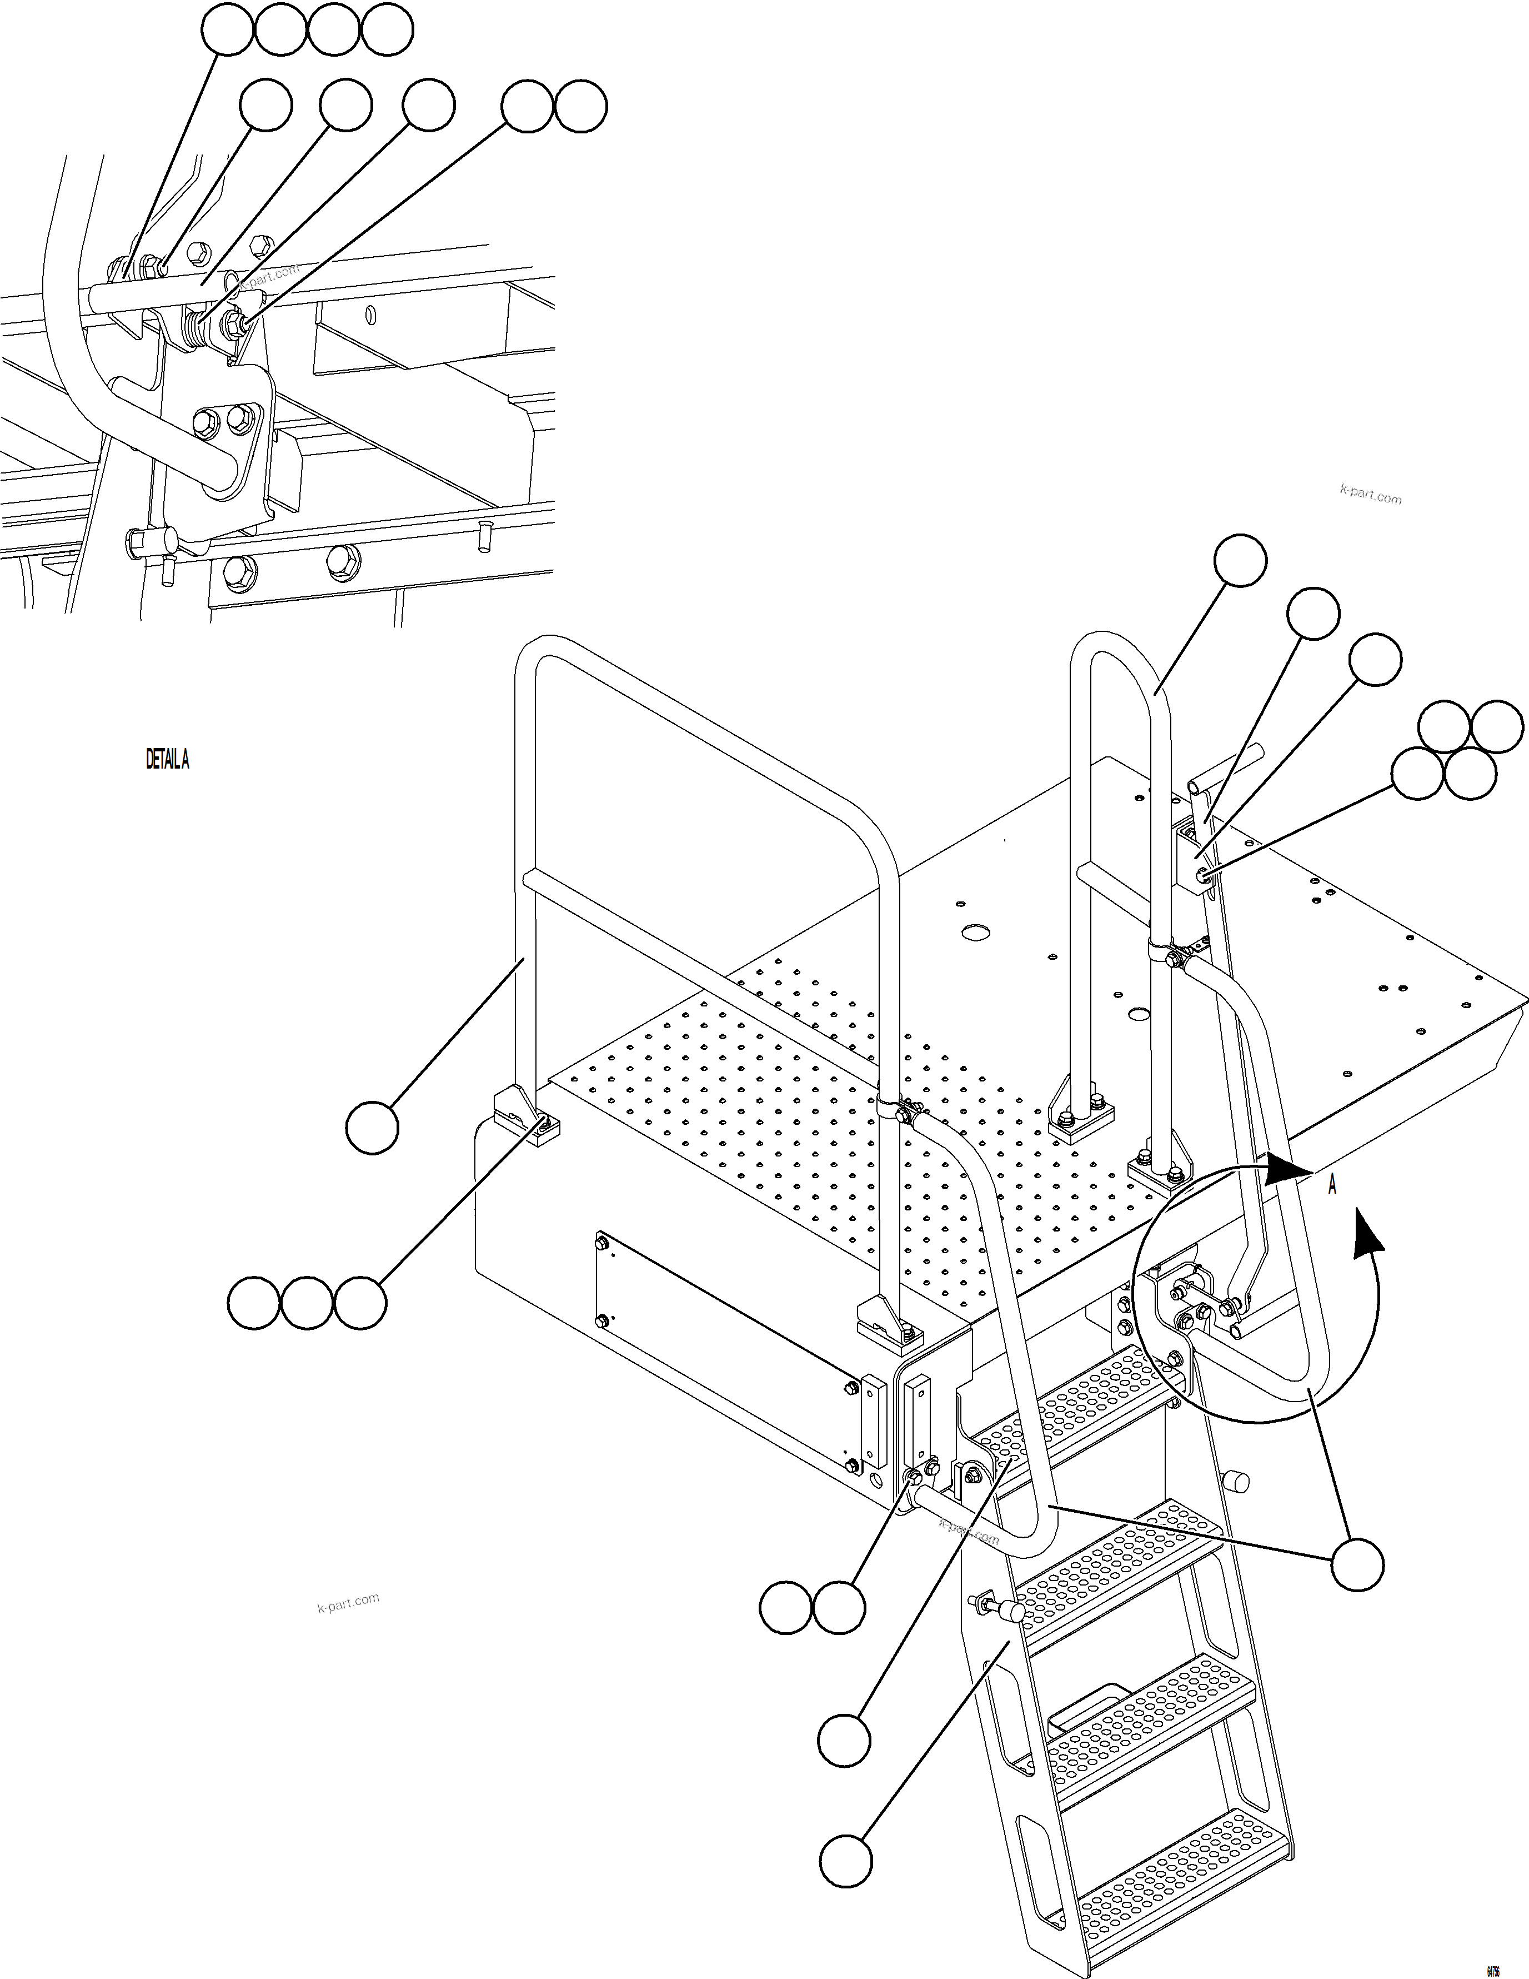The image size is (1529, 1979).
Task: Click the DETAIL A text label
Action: coord(168,759)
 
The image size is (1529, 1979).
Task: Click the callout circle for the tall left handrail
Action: coord(372,1127)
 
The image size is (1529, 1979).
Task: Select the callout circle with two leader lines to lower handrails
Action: coord(1357,1564)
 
